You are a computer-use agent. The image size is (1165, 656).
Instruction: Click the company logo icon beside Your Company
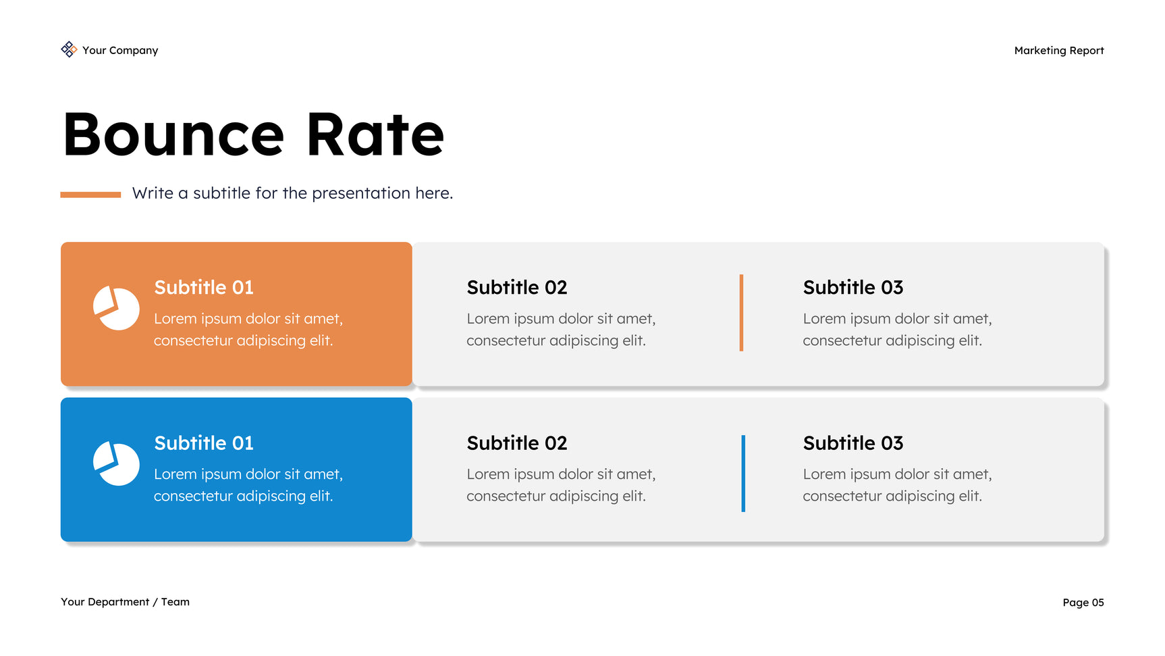point(69,49)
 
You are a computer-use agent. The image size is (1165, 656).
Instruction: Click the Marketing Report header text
point(1059,51)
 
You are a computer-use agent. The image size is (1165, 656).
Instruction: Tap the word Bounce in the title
point(173,135)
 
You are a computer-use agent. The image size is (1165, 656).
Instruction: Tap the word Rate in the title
point(375,135)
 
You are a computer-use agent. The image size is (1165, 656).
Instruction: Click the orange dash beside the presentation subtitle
point(90,195)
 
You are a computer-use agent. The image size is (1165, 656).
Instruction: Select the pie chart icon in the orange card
point(116,308)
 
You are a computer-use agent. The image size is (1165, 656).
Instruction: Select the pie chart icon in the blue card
point(116,463)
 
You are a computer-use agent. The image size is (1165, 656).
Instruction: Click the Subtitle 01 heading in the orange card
point(204,287)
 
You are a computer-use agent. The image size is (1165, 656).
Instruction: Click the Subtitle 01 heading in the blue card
point(204,443)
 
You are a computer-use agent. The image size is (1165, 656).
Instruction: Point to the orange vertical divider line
point(741,313)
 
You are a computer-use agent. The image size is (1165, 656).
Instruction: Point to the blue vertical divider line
point(743,474)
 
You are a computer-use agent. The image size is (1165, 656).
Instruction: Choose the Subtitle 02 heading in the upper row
point(517,287)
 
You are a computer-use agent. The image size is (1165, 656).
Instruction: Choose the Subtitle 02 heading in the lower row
point(517,443)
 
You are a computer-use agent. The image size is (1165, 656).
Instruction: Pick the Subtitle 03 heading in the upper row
point(853,287)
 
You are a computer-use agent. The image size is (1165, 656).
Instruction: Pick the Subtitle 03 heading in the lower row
point(853,443)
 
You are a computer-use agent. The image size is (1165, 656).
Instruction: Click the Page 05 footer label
point(1083,603)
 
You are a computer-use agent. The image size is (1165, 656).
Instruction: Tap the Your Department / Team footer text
point(125,602)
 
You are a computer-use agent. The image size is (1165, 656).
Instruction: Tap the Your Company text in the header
point(120,51)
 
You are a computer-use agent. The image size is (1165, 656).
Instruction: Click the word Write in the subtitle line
point(153,193)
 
